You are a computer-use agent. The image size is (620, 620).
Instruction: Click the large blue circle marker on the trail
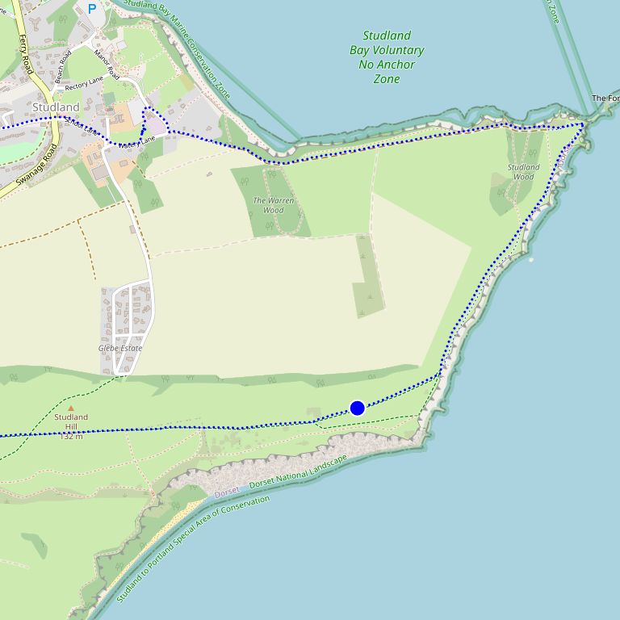coord(358,408)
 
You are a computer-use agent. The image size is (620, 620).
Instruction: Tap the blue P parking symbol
coord(91,9)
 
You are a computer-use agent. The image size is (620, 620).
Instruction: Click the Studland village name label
coord(57,107)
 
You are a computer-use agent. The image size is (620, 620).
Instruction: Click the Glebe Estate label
coord(120,349)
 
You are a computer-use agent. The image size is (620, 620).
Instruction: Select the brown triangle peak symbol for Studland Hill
coord(70,408)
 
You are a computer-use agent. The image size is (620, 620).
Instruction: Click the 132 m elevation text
coord(71,436)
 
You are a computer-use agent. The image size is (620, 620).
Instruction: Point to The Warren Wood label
coord(274,205)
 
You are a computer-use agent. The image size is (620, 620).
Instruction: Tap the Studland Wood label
coord(524,172)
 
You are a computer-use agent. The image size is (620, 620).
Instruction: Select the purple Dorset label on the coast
coord(227,492)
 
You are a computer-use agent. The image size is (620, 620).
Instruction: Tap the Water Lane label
coord(136,143)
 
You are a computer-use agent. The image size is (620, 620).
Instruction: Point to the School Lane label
coord(80,126)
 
